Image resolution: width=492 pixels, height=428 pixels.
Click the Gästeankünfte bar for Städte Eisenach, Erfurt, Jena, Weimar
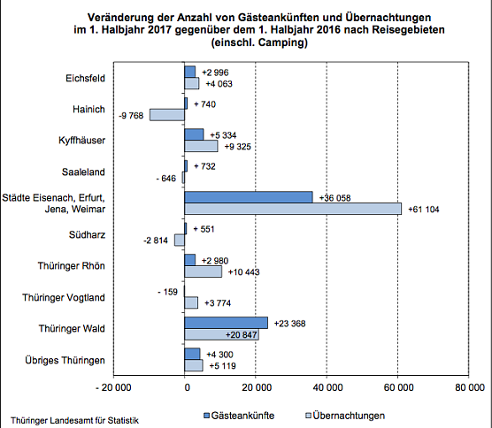click(249, 197)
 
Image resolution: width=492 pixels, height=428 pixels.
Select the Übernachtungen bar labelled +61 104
click(293, 209)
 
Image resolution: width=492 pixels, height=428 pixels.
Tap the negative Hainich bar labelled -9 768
click(167, 114)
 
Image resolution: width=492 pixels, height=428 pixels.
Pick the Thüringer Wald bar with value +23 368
click(227, 323)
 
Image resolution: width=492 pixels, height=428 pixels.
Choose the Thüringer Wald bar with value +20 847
click(222, 334)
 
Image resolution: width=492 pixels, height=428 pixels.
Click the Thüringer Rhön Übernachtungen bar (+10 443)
click(204, 271)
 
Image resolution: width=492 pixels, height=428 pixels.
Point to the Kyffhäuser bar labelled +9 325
click(202, 146)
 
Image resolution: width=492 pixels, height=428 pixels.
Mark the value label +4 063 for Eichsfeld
click(219, 84)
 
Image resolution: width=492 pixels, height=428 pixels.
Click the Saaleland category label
click(86, 172)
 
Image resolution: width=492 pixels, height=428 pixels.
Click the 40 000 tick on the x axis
click(327, 386)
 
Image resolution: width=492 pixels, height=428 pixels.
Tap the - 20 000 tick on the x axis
click(113, 386)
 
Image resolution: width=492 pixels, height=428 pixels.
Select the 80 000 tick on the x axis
click(468, 386)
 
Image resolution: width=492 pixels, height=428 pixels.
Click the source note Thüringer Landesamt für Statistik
click(74, 420)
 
